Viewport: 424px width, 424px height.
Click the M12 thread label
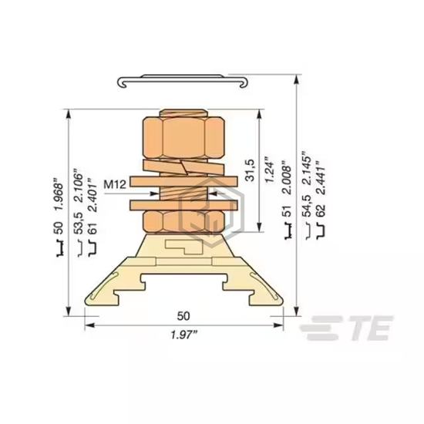pos(115,184)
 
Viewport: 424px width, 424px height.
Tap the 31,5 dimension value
pos(249,170)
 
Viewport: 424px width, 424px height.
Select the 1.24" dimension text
pos(269,170)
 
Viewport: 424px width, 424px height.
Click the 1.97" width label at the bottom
pos(184,335)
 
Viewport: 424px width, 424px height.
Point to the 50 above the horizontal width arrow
pos(183,316)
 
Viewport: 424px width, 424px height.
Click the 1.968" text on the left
pos(59,193)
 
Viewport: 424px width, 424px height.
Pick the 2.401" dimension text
pos(93,194)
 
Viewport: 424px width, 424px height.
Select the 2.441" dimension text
pos(321,177)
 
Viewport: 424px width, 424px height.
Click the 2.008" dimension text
pos(287,177)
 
